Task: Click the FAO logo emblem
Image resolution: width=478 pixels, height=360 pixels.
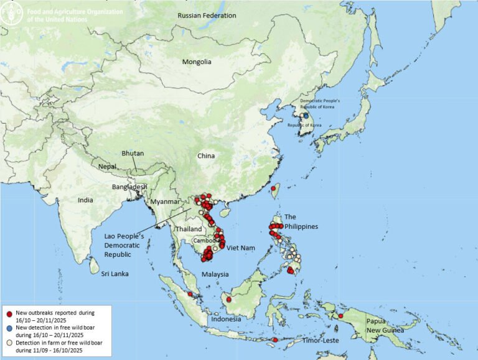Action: point(10,12)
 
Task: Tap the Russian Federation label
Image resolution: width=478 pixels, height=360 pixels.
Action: point(207,16)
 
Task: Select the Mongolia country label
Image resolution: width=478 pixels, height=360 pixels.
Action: point(197,62)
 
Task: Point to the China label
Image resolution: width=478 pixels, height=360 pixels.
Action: point(206,155)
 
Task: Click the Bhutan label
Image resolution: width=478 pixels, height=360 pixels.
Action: point(133,154)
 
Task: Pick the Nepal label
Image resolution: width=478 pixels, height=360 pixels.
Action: point(109,167)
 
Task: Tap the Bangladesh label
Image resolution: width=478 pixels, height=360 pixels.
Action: point(129,187)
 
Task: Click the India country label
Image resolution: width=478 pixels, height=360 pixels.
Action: point(85,200)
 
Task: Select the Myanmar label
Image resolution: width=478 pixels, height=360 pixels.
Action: point(166,201)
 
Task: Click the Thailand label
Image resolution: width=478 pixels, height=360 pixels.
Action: point(187,229)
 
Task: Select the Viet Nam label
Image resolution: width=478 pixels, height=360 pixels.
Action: point(241,248)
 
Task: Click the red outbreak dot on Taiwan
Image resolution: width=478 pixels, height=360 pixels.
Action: point(273,188)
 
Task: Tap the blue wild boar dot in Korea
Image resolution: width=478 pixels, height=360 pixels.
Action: point(306,115)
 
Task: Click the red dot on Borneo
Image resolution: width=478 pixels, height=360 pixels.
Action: point(229,300)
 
